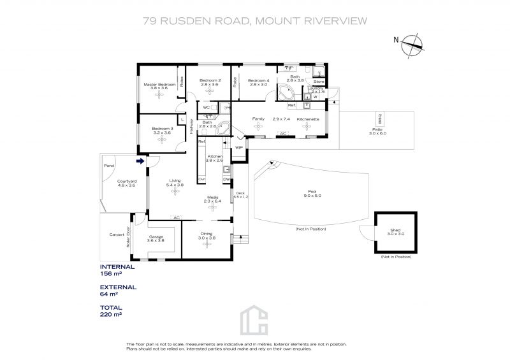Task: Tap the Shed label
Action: [x=395, y=232]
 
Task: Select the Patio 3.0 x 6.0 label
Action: [x=379, y=131]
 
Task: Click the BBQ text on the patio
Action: [x=381, y=119]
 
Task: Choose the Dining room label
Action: [x=207, y=236]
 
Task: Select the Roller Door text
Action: [x=128, y=237]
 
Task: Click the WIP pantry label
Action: [x=239, y=147]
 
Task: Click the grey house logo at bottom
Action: [x=255, y=323]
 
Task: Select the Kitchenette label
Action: [x=308, y=119]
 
